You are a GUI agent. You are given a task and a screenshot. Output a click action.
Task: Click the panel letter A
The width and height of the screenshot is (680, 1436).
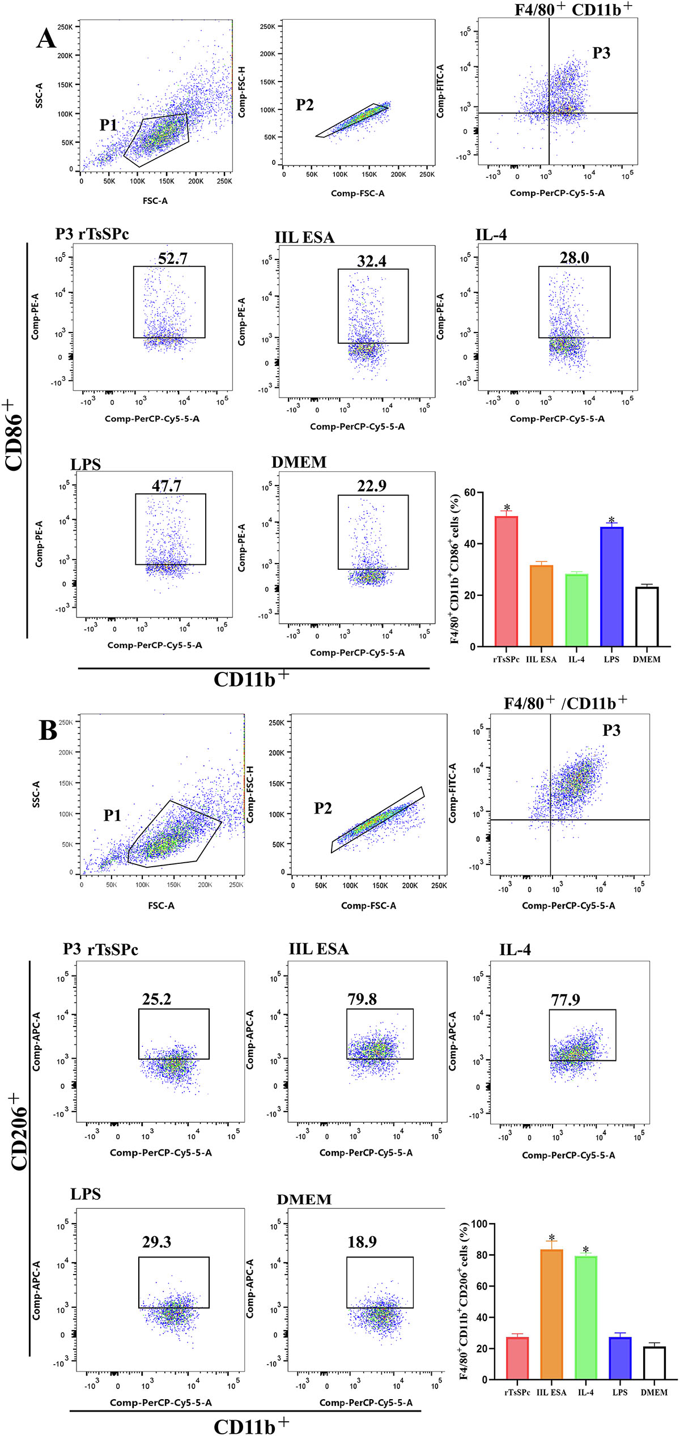point(46,39)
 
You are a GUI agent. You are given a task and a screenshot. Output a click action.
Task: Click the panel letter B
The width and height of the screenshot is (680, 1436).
point(48,731)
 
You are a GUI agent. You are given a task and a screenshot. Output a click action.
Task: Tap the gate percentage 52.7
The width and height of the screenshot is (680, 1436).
point(172,259)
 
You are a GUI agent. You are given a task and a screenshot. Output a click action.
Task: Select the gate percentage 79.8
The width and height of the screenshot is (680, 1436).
point(362,999)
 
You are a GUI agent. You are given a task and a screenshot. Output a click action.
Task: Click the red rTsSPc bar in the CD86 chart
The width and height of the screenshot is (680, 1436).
point(506,581)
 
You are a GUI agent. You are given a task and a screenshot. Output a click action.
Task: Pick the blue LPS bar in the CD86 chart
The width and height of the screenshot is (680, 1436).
point(611,586)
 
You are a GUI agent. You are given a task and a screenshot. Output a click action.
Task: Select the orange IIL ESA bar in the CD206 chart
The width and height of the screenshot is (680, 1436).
point(551,1314)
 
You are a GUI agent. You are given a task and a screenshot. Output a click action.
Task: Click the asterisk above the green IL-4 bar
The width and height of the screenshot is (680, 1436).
point(586,1250)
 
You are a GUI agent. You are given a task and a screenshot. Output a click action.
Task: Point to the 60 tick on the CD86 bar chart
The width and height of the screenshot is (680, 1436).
point(470,492)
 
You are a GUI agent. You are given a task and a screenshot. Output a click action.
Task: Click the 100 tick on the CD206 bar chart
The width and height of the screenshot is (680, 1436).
point(479,1224)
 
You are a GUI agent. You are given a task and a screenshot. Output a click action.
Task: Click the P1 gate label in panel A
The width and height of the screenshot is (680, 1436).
point(108,125)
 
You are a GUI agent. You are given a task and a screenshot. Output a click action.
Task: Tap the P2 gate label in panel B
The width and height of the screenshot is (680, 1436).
point(322,808)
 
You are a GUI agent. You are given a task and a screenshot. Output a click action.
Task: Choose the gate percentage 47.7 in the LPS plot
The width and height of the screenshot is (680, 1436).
point(166,486)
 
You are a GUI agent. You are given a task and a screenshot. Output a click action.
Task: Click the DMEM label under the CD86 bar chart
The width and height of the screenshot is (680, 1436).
point(647,659)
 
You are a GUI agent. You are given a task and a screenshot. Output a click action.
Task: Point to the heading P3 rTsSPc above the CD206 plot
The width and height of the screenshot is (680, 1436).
point(100,949)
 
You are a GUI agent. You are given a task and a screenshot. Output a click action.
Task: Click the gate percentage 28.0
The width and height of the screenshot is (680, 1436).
point(574,258)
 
